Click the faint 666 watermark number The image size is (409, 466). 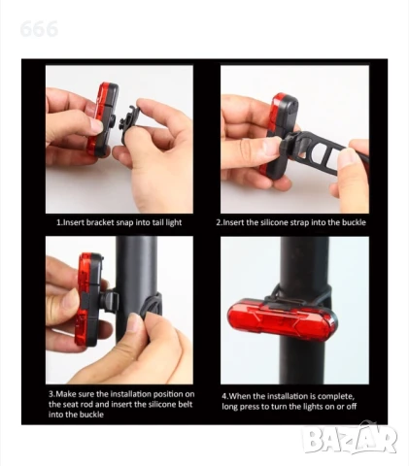39,29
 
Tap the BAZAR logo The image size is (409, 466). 350,439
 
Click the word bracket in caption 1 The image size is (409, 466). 100,222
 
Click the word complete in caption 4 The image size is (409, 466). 336,396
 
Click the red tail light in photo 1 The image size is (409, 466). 102,119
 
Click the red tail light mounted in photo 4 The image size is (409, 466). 282,319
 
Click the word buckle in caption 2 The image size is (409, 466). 355,222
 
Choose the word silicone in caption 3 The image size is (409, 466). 162,404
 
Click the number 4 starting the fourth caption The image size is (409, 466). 224,396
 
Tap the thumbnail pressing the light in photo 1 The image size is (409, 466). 96,125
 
